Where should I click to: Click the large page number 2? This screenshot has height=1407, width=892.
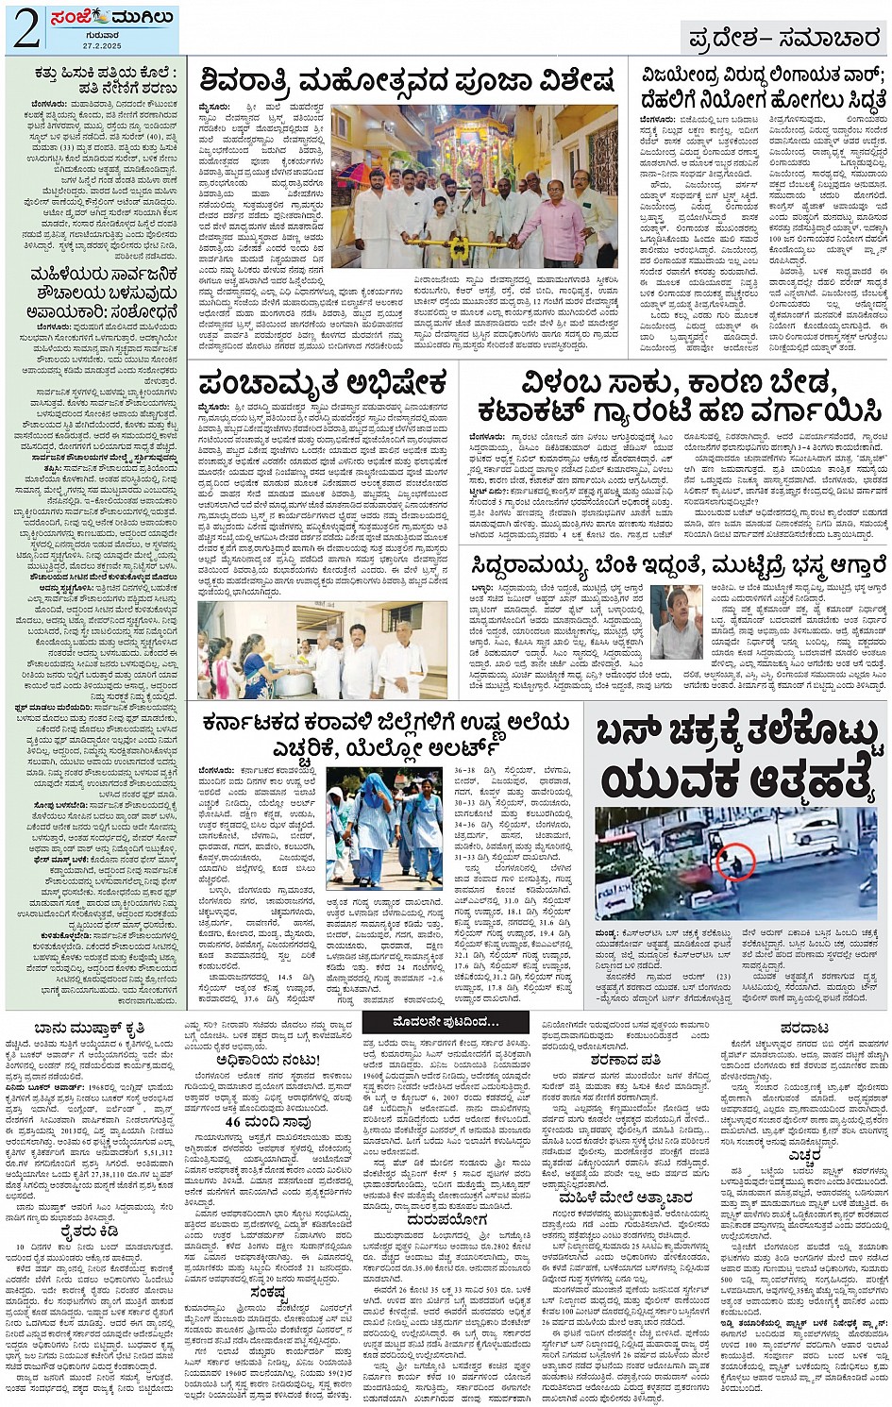pos(25,29)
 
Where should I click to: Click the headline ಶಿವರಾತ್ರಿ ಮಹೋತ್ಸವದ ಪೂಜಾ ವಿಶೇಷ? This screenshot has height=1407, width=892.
pos(406,81)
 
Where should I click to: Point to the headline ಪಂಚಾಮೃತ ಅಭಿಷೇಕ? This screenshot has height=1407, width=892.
pos(322,384)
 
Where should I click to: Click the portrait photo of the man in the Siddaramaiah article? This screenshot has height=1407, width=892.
pos(676,621)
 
